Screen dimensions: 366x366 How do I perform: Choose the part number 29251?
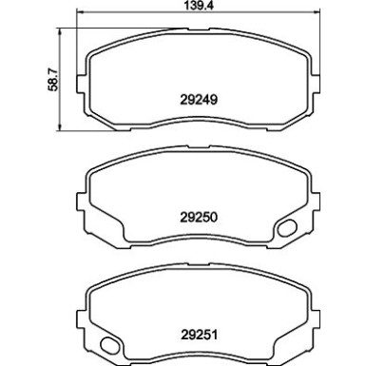[x=198, y=333]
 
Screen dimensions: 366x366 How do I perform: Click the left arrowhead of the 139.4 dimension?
[x=80, y=13]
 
